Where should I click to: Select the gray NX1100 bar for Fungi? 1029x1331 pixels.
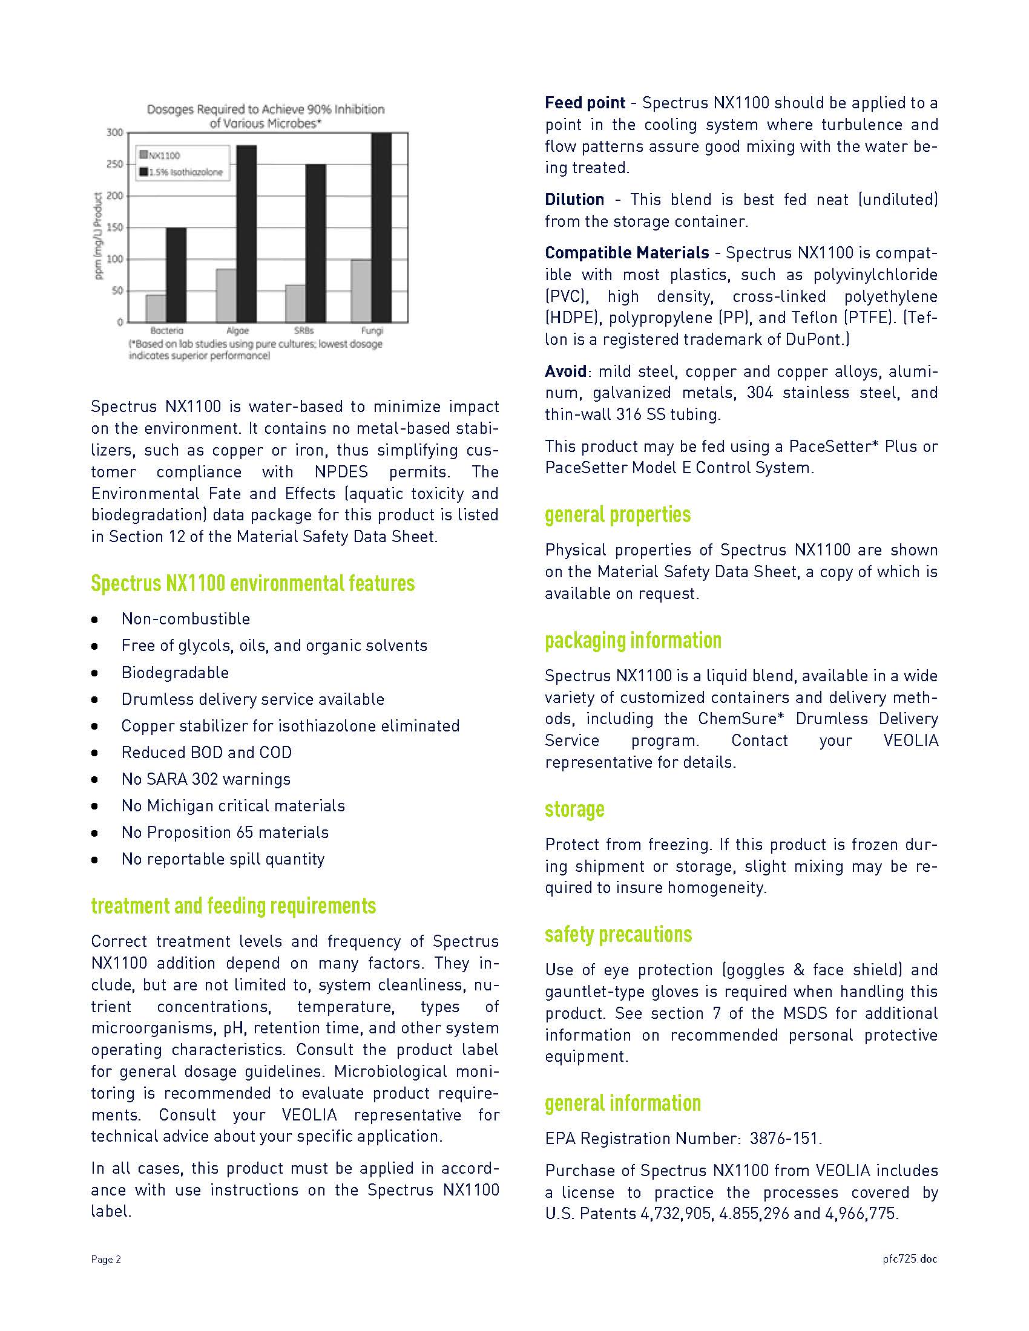pos(361,292)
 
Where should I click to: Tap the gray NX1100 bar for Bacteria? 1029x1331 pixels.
pos(156,309)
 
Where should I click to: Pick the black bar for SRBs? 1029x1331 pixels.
pos(315,243)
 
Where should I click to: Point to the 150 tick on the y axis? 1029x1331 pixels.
pos(115,227)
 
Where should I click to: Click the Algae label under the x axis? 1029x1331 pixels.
pos(237,330)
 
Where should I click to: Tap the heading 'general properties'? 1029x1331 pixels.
pos(617,515)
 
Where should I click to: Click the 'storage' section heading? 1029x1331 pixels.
pos(574,809)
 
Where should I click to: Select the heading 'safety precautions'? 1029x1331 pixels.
pos(618,934)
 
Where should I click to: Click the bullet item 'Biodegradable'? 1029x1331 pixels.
pos(175,672)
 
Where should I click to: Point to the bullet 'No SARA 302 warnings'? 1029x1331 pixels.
pos(205,779)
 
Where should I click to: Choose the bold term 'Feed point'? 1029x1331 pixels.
pos(585,103)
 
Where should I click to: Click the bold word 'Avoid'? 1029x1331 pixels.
pos(565,371)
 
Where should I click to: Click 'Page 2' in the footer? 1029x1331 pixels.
pos(106,1259)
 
